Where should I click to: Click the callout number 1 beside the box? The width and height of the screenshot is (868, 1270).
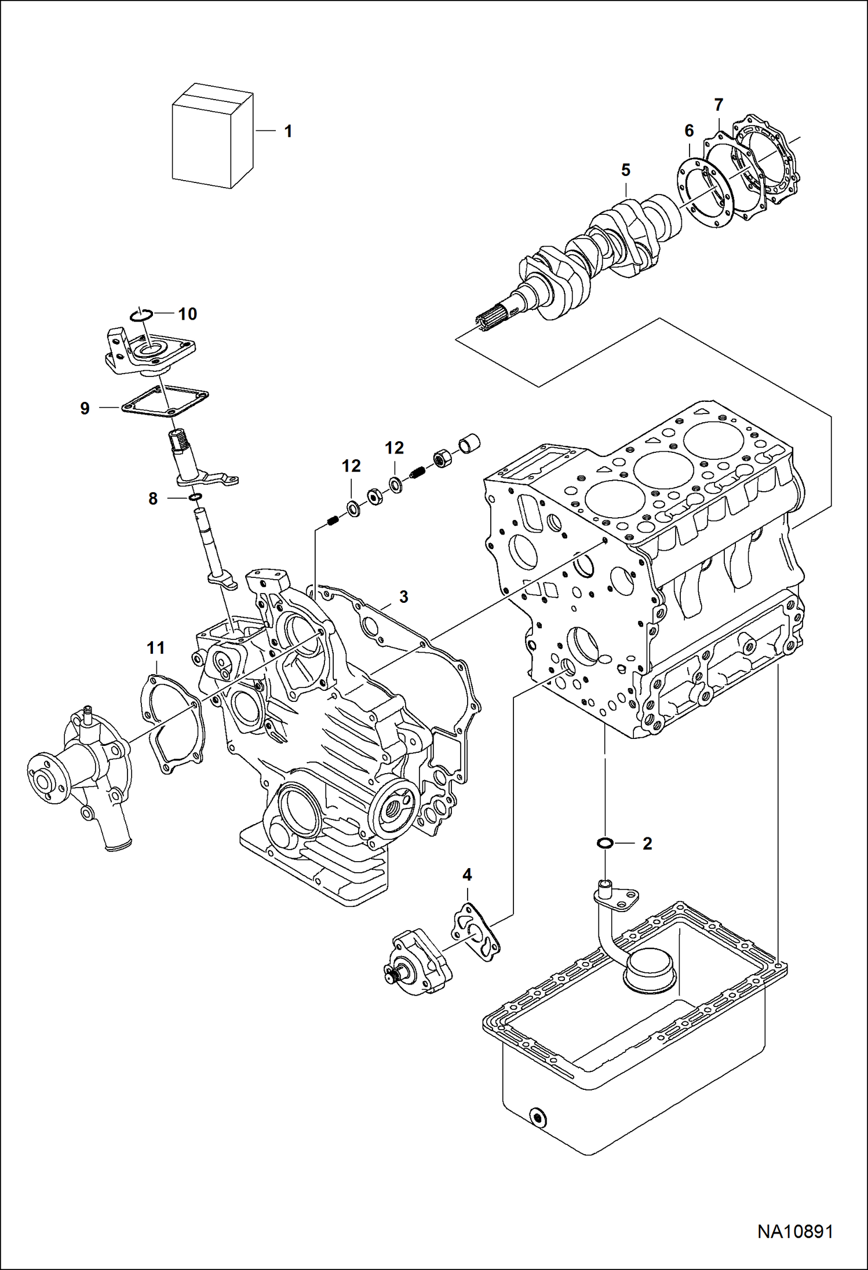tap(288, 131)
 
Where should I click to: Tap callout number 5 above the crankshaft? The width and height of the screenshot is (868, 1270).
tap(625, 170)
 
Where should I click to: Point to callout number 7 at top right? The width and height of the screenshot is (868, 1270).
tap(719, 105)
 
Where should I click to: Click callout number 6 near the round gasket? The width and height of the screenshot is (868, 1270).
tap(689, 131)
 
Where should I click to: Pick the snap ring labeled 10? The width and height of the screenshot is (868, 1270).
tap(141, 314)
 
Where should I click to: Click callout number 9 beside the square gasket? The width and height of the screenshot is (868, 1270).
tap(85, 408)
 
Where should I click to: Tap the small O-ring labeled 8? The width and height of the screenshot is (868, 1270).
tap(195, 497)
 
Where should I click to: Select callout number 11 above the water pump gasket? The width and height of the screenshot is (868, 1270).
tap(156, 648)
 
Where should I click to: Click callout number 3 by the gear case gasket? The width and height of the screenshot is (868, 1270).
tap(403, 596)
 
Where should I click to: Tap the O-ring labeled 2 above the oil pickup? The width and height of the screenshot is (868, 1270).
tap(605, 843)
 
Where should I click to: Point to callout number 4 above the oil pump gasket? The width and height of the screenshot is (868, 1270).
tap(467, 874)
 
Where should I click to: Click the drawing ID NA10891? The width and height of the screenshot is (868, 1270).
tap(795, 1232)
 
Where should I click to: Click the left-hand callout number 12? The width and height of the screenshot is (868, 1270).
tap(351, 466)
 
